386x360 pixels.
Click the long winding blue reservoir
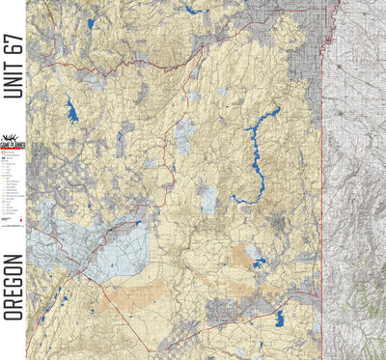[256, 154]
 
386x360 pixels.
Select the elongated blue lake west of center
[71, 110]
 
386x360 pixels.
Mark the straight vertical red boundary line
[321, 193]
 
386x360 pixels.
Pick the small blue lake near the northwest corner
[91, 23]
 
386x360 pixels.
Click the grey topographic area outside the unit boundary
[354, 193]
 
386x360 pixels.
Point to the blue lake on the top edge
[191, 10]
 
